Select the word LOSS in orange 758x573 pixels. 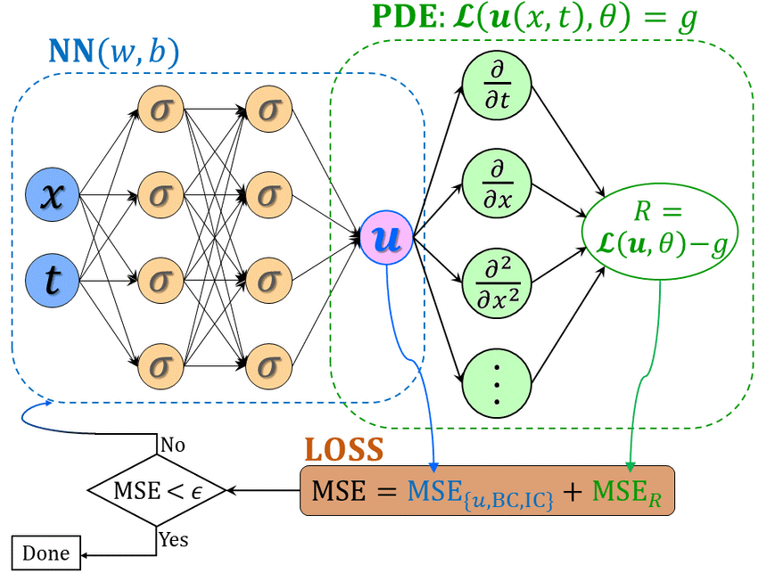point(343,449)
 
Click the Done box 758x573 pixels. point(45,553)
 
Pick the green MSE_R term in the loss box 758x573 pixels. point(628,491)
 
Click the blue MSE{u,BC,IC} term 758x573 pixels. point(481,493)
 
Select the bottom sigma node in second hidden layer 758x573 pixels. point(268,364)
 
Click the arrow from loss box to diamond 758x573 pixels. point(263,489)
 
